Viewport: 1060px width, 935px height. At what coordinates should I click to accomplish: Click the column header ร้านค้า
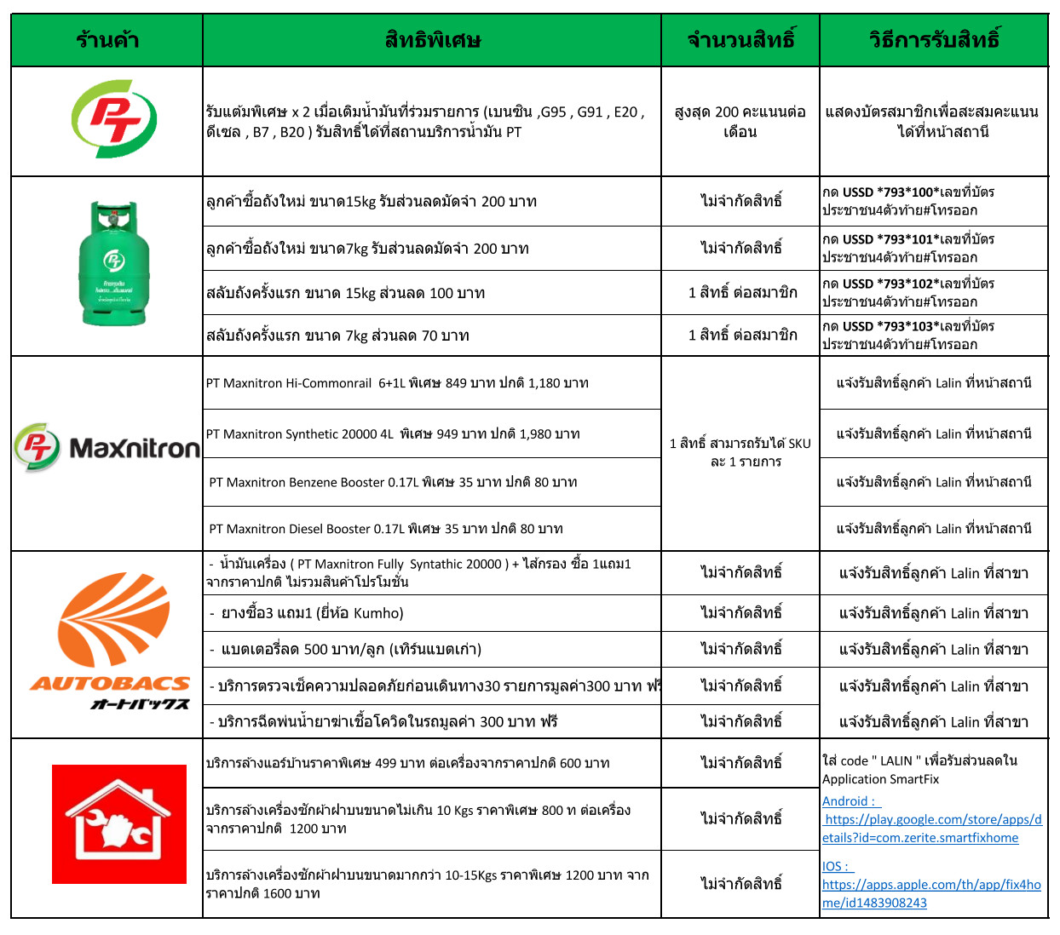point(107,40)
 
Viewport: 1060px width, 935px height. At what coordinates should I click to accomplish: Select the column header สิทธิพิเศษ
point(432,40)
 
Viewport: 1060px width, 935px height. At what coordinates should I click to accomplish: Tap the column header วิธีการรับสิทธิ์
point(934,40)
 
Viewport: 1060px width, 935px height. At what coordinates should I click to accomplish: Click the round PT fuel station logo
point(113,119)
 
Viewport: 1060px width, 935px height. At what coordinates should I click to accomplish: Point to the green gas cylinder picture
point(114,264)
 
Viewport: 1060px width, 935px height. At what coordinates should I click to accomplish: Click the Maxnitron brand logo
point(107,447)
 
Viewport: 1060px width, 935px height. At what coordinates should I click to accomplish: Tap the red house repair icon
point(119,823)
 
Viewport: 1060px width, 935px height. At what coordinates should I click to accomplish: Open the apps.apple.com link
point(931,893)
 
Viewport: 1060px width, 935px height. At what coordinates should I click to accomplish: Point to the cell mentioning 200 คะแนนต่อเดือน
point(740,122)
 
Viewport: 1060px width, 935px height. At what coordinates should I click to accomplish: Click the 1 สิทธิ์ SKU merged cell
point(740,452)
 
